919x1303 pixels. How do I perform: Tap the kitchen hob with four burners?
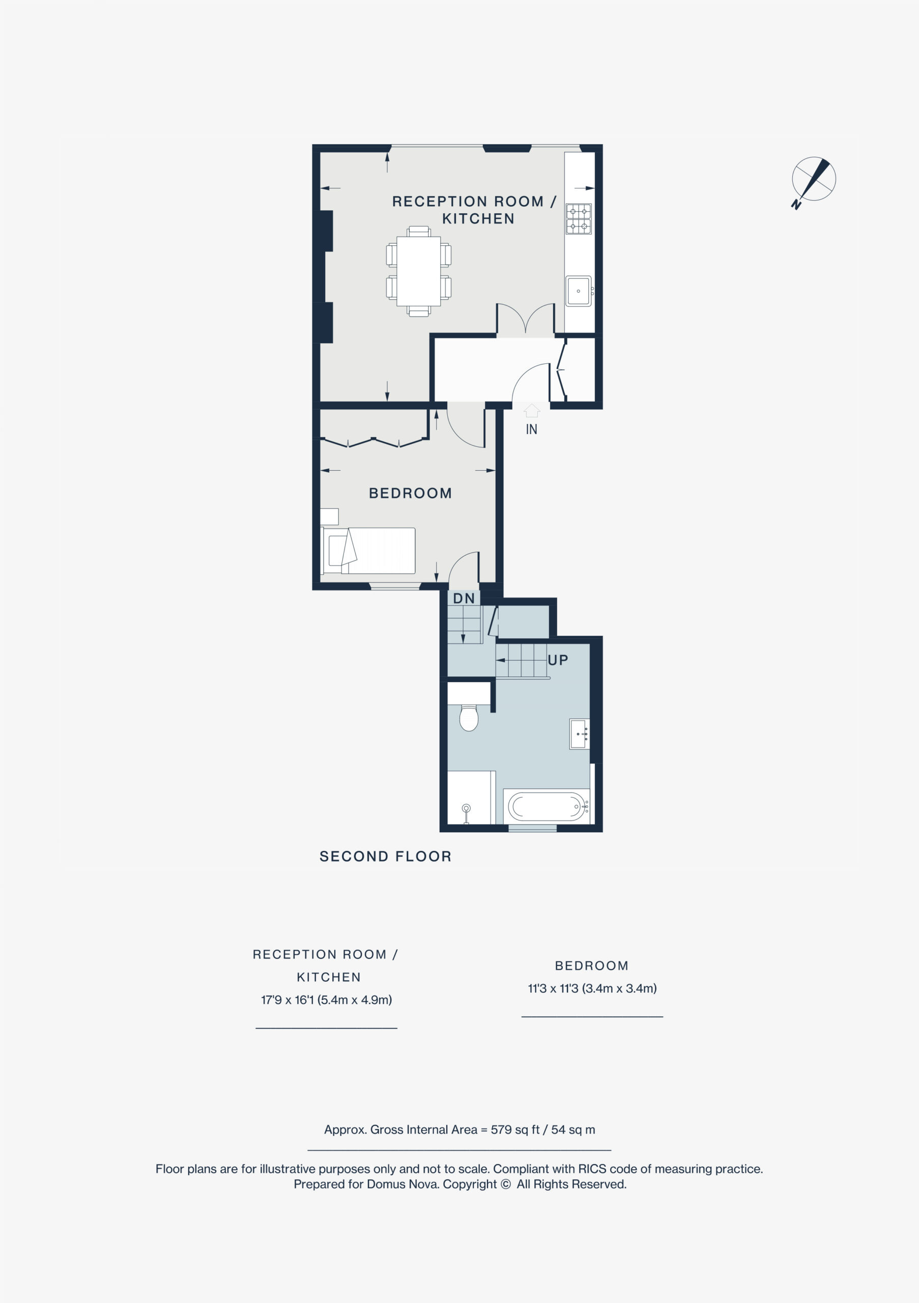578,219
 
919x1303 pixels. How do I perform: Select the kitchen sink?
579,291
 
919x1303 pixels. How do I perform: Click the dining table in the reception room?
419,271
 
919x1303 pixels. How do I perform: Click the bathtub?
547,805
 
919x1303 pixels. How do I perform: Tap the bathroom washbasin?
579,734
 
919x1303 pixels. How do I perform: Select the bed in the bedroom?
368,551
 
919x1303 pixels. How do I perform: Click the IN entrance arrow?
532,410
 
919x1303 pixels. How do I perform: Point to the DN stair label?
464,598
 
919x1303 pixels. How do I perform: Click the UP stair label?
558,660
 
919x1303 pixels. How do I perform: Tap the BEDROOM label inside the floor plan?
410,493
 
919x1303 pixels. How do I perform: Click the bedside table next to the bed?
329,517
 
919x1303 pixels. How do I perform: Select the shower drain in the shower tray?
466,808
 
